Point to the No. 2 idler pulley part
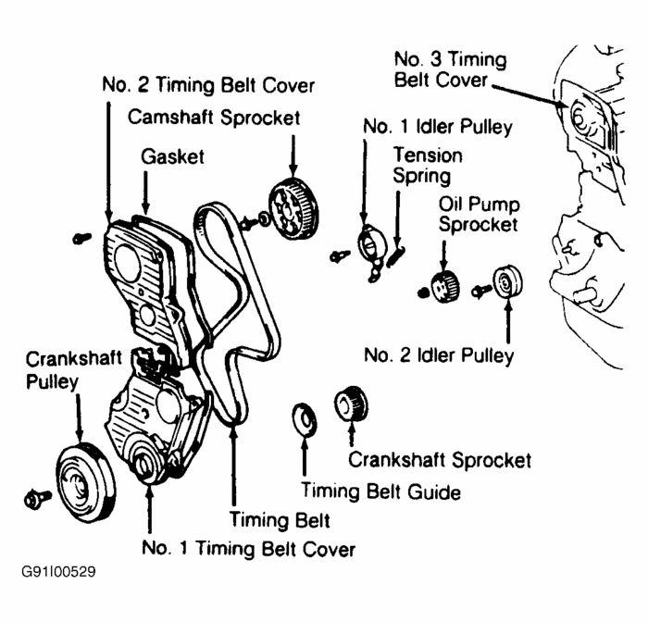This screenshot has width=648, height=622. (507, 281)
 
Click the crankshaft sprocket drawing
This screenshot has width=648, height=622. (351, 404)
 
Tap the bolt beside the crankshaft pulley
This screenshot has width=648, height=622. (36, 501)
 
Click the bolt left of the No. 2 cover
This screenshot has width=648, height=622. (80, 239)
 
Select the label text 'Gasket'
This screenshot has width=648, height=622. (172, 156)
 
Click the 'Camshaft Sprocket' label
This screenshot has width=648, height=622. (214, 118)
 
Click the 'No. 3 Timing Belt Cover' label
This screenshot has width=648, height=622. (450, 69)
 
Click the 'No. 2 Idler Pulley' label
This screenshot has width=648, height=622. (438, 355)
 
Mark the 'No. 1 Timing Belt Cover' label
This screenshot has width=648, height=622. (248, 549)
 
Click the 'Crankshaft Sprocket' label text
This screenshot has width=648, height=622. (439, 459)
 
